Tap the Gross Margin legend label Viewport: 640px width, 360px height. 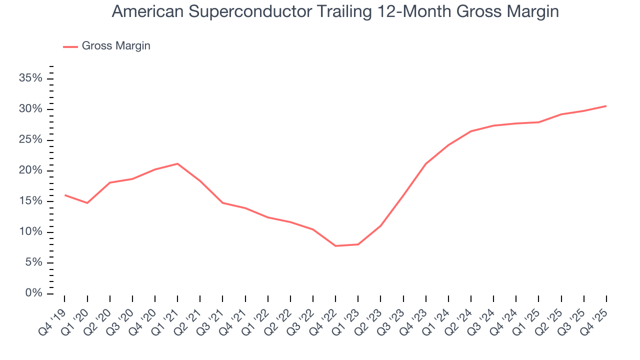coord(116,46)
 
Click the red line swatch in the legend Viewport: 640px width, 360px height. coord(70,46)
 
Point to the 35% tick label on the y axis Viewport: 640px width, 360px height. coord(30,78)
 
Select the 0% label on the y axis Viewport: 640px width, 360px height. coord(34,293)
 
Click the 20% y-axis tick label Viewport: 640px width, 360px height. coord(30,170)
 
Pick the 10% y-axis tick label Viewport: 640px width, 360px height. coord(30,232)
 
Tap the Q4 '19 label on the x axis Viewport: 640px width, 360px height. coord(53,315)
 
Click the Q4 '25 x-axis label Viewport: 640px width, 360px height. coord(595,315)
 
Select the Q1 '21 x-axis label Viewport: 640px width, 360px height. coord(166,315)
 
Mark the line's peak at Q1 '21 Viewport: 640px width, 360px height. coord(177,163)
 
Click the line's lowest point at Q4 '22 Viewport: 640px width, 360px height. coord(335,246)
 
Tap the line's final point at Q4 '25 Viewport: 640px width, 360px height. coord(606,106)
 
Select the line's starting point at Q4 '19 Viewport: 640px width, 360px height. coord(65,195)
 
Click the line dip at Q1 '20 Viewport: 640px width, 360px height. coord(87,203)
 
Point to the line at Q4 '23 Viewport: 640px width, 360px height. coord(425,164)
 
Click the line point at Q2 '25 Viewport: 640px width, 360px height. coord(561,114)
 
